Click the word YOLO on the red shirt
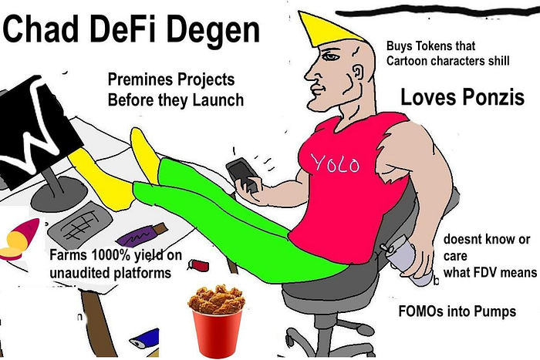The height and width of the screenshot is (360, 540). tap(336, 163)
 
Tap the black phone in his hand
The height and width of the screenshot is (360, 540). tap(241, 174)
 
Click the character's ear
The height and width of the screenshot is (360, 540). tap(359, 73)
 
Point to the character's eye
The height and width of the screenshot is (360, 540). tap(330, 56)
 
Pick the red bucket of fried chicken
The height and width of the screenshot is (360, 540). tap(217, 321)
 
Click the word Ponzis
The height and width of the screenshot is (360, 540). tap(493, 96)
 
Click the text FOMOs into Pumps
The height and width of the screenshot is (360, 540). tap(457, 311)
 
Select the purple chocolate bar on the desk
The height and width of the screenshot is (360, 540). tap(141, 234)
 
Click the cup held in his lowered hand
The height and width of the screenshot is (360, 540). tap(410, 261)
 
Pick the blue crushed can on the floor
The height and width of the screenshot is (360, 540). tap(144, 338)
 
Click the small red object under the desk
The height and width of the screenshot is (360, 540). tap(199, 265)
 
